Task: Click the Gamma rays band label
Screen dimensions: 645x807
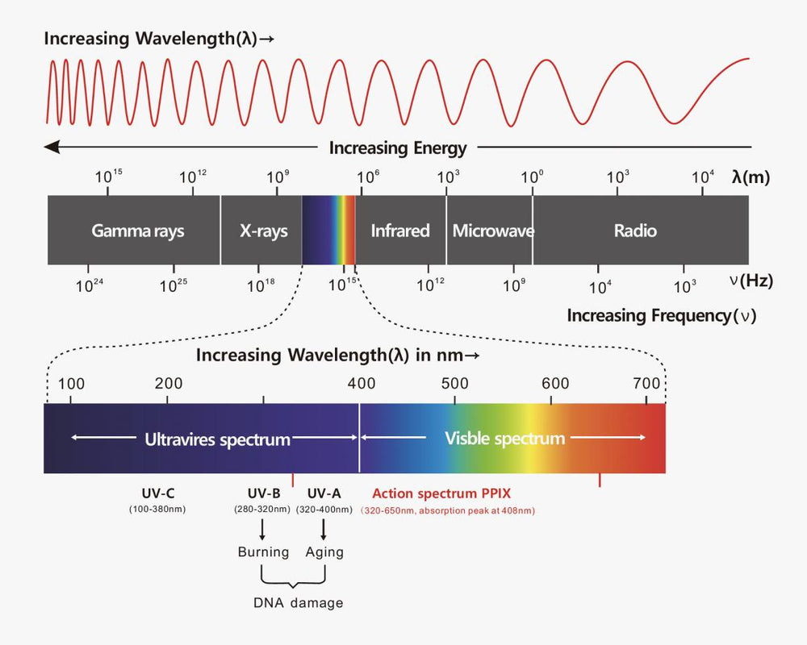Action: click(137, 231)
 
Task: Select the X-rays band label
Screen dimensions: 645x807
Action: click(263, 231)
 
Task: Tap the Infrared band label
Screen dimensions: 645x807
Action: click(399, 231)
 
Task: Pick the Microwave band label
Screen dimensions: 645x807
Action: click(492, 231)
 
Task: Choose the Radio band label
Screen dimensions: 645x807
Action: click(635, 231)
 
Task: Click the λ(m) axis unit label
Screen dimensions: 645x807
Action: click(751, 177)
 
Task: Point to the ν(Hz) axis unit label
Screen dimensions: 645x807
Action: click(751, 281)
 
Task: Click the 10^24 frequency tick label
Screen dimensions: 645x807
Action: click(89, 285)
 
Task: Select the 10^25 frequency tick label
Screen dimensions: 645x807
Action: click(174, 285)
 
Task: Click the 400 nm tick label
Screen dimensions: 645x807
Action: click(360, 383)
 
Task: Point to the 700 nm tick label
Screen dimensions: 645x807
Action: click(646, 383)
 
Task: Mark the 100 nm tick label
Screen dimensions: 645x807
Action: click(72, 383)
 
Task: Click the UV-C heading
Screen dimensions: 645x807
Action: click(157, 493)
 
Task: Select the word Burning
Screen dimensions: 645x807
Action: click(263, 552)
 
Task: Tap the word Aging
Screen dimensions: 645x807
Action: click(324, 552)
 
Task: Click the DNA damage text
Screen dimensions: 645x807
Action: click(298, 603)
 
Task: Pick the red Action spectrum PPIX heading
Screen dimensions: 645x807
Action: click(441, 493)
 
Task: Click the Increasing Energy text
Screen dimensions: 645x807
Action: click(398, 148)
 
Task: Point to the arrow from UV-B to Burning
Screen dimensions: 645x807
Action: click(262, 529)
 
